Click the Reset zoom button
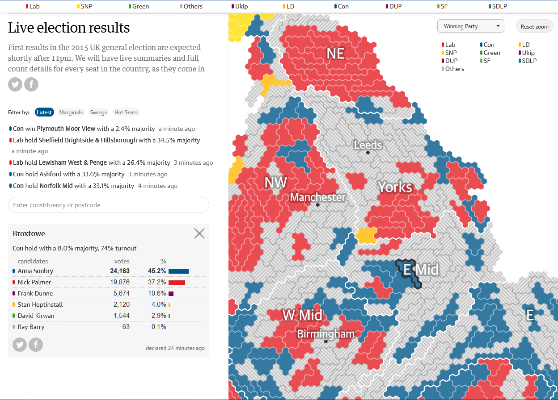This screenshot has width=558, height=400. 534,26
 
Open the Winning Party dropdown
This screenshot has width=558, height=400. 470,26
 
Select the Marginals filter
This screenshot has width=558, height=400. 71,112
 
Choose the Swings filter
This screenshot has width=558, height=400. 98,112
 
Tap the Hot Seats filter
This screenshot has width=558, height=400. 126,112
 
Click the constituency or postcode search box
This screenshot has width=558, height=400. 108,205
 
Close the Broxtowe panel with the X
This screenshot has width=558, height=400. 199,233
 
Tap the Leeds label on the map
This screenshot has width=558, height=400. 368,145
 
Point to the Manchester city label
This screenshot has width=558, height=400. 317,197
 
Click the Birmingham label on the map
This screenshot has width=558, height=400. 325,334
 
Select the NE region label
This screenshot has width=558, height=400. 335,54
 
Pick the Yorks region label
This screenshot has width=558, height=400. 395,187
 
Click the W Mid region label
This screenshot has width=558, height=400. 302,315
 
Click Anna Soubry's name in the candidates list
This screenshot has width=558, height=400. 35,271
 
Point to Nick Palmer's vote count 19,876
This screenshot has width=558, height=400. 120,282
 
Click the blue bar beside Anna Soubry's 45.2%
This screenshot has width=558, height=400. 178,271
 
